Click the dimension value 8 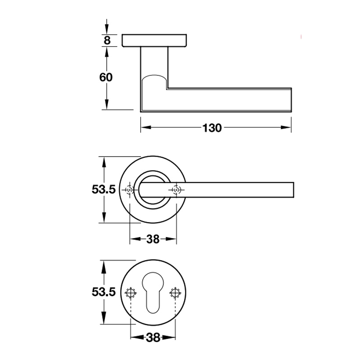tap(107, 40)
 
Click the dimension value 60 tap(106, 77)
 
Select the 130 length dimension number tap(212, 128)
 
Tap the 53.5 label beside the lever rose tap(103, 189)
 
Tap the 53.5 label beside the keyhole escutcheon tap(103, 292)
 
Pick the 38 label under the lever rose tap(153, 239)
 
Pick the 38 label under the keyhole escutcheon tap(153, 337)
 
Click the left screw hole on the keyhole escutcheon tap(130, 293)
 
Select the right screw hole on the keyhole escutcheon tap(175, 293)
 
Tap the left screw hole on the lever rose tap(130, 190)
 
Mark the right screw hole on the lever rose tap(176, 190)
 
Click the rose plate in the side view tap(154, 40)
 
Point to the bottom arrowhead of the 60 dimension tap(106, 104)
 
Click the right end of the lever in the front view tap(294, 190)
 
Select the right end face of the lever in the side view tap(291, 100)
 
